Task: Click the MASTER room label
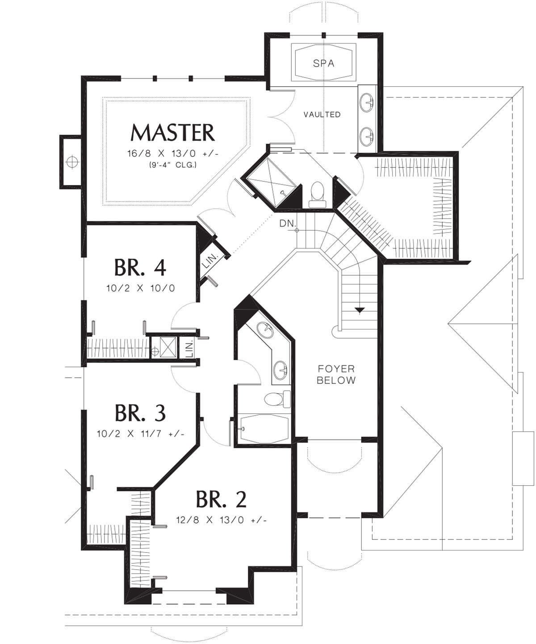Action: (172, 133)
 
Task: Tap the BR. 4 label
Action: (140, 267)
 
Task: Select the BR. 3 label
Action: (140, 413)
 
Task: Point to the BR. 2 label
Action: (221, 499)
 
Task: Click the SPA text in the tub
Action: (324, 63)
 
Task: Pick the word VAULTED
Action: (322, 114)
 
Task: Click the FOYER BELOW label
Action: (336, 375)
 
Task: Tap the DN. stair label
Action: (288, 223)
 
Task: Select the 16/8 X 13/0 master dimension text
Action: (173, 154)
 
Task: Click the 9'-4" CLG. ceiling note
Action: (173, 165)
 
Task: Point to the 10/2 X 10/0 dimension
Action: (141, 288)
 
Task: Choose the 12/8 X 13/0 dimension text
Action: (221, 520)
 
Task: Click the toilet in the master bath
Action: (317, 194)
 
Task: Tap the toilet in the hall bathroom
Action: (277, 399)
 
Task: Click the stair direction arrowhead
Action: (360, 310)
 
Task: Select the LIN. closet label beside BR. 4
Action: (209, 261)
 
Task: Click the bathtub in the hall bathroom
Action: (264, 429)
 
